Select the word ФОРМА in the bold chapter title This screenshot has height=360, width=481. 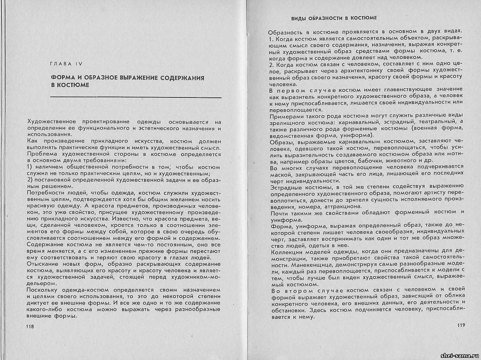coord(63,78)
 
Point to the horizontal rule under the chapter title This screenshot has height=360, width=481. coord(136,97)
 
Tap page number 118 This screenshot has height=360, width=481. coord(30,326)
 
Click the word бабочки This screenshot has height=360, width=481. coord(364,160)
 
